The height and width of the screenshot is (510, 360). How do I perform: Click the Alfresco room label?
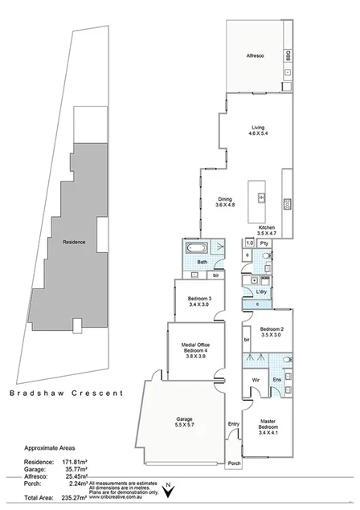(256, 56)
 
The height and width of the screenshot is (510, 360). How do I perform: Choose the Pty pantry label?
(264, 243)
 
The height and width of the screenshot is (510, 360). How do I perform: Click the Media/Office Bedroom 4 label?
(194, 353)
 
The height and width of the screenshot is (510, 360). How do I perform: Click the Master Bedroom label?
(268, 426)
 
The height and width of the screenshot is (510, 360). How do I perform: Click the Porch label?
(235, 463)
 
